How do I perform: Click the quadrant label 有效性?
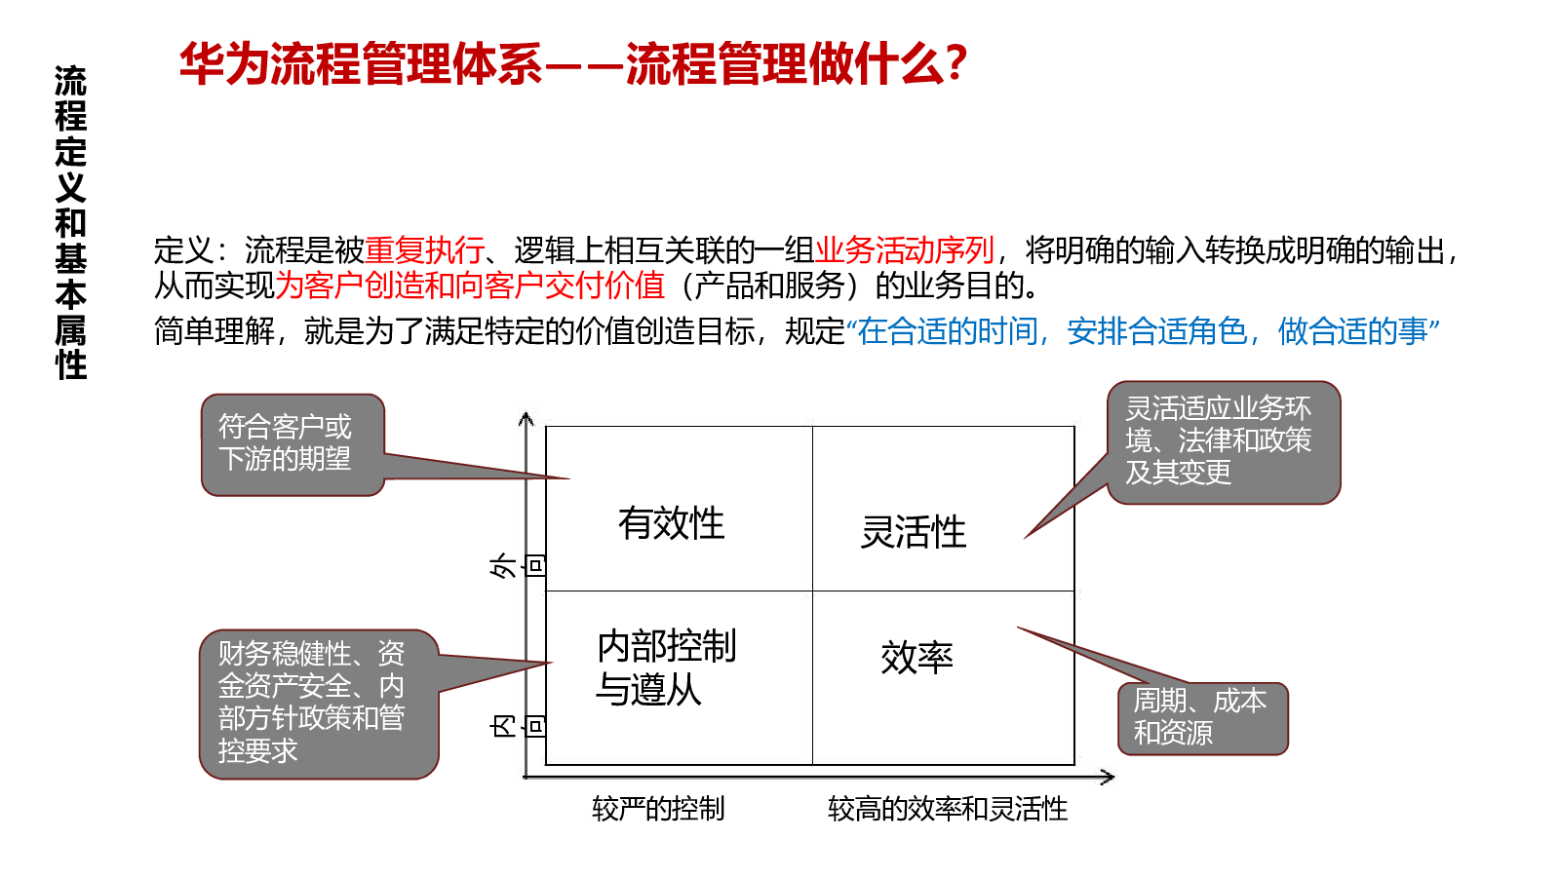(x=672, y=523)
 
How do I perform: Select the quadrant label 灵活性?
(x=913, y=532)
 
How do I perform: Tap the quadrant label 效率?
(x=916, y=657)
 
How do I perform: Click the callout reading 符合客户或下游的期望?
(x=292, y=444)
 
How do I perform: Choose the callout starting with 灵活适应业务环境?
(x=1224, y=442)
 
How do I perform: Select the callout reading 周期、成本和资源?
(x=1203, y=718)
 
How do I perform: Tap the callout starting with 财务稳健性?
(x=319, y=704)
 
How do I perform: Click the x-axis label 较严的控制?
(x=658, y=809)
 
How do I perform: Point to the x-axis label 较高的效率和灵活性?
(x=947, y=809)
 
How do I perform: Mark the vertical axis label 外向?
(x=516, y=565)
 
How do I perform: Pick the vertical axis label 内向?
(x=516, y=727)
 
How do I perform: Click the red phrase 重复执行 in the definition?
(x=424, y=249)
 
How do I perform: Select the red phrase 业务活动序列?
(x=904, y=249)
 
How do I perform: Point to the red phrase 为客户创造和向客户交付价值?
(x=470, y=286)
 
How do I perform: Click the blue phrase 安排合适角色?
(x=1156, y=331)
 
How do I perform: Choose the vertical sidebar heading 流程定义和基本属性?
(x=71, y=223)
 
